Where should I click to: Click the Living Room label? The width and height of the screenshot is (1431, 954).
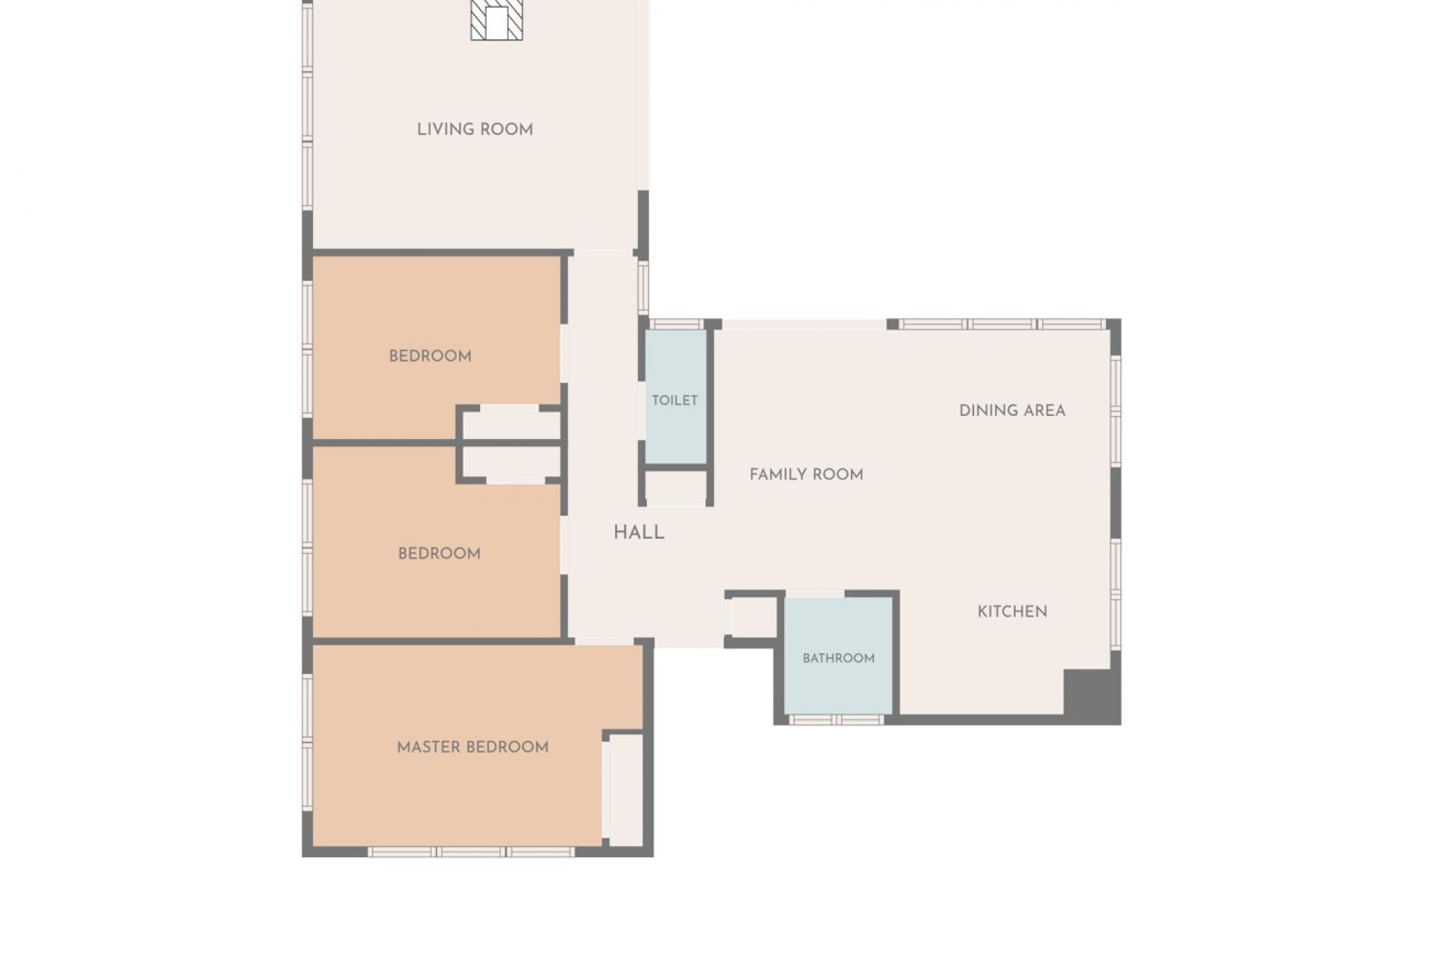tap(475, 130)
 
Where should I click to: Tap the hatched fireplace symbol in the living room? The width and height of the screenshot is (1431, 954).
tap(496, 20)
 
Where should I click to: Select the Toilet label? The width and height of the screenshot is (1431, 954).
tap(675, 400)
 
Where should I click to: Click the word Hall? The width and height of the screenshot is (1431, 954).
tap(639, 532)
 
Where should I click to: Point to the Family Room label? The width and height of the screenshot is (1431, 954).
tap(806, 475)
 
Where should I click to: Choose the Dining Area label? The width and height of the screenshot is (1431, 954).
tap(1012, 411)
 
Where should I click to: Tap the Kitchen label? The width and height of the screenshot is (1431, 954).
tap(1012, 612)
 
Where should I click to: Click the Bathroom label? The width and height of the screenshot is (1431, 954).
tap(838, 658)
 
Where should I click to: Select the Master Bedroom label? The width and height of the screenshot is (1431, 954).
tap(473, 747)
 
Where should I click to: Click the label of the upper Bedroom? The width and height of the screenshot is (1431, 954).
tap(430, 356)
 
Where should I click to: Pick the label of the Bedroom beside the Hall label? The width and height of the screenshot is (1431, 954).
tap(439, 554)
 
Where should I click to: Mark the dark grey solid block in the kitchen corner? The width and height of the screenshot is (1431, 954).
tap(1091, 696)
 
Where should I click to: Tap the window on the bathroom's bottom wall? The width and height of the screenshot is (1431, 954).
tap(835, 720)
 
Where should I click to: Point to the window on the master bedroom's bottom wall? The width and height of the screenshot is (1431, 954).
tap(471, 852)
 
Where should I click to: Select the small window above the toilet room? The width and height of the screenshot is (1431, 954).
tap(677, 324)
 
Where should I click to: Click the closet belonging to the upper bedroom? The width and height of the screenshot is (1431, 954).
tap(511, 425)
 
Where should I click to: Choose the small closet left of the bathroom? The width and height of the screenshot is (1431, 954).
tap(754, 617)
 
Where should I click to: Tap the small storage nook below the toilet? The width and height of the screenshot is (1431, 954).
tap(675, 485)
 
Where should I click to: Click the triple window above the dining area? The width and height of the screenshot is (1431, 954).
tap(1002, 324)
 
